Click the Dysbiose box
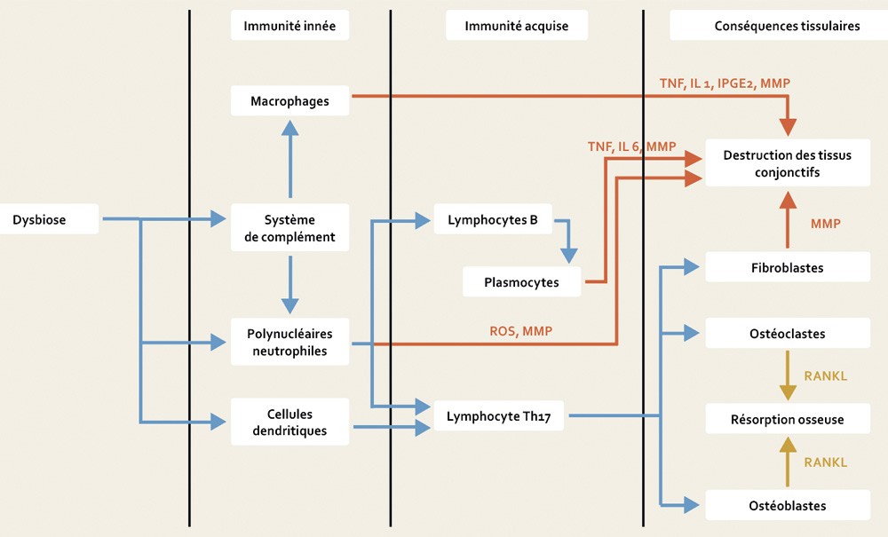click(x=51, y=218)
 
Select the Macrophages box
click(x=290, y=100)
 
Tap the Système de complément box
click(x=290, y=227)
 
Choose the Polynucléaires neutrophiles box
click(x=290, y=342)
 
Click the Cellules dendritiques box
click(x=290, y=422)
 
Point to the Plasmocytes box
click(x=522, y=282)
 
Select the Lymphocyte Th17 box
click(x=498, y=415)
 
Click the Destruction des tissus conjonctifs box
click(x=787, y=163)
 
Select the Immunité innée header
click(x=289, y=27)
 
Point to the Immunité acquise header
click(x=516, y=27)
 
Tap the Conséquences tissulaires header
click(x=787, y=27)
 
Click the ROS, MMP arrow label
click(x=520, y=330)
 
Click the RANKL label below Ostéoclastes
click(x=825, y=375)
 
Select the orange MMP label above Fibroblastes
click(x=825, y=224)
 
